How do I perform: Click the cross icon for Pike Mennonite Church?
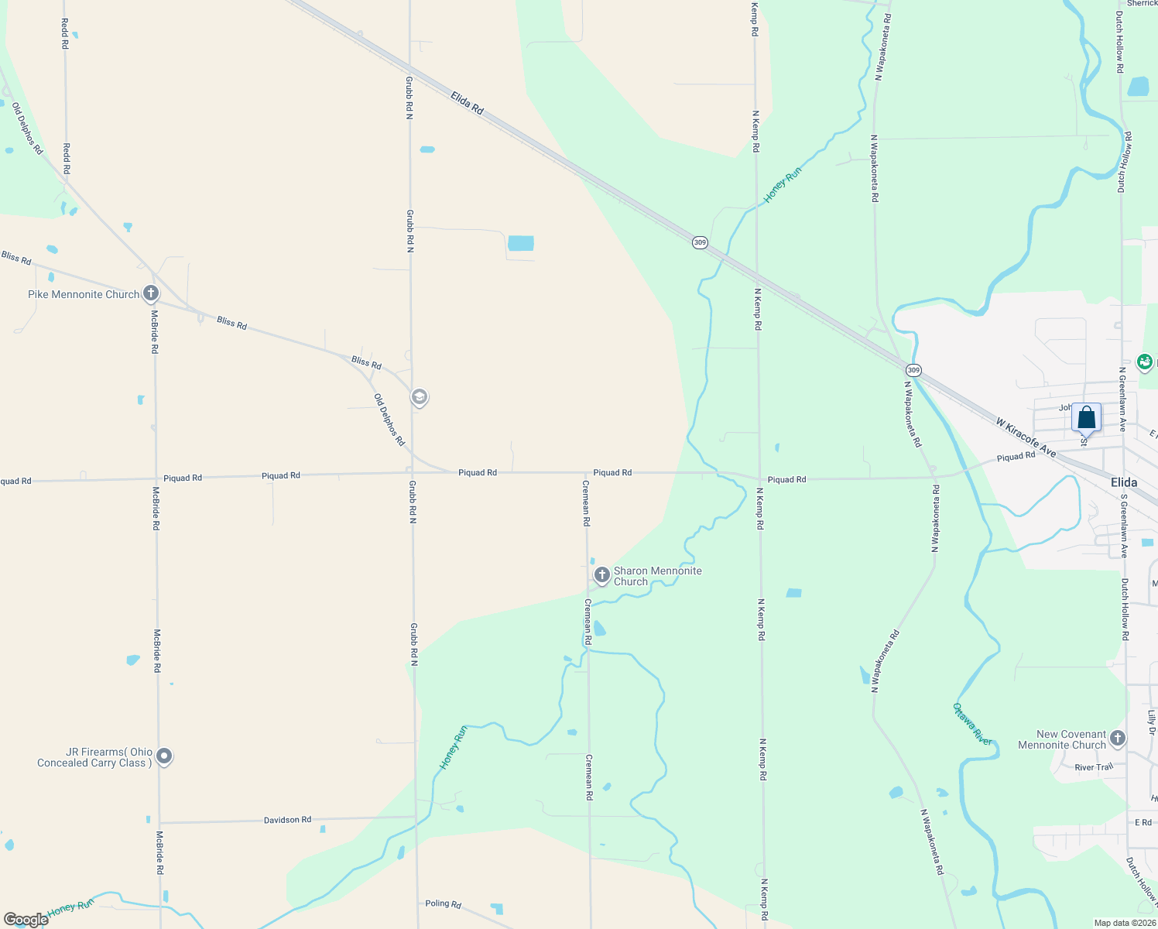click(x=151, y=293)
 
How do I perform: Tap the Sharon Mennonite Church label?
click(x=657, y=576)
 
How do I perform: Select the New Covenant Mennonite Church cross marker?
click(x=1117, y=739)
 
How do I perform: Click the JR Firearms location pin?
click(x=164, y=756)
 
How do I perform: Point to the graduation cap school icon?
click(x=420, y=398)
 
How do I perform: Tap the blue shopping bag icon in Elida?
click(x=1086, y=418)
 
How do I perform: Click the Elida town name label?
click(x=1124, y=482)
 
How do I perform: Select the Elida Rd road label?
click(x=467, y=103)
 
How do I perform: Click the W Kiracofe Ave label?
click(x=1026, y=437)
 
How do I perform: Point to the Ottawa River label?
click(x=972, y=725)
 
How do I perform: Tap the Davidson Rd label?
click(x=287, y=820)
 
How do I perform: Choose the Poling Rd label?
click(x=443, y=903)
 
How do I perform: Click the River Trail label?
click(x=1094, y=767)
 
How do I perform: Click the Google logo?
click(x=26, y=920)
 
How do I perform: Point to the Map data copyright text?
click(x=1125, y=923)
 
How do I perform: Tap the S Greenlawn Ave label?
click(x=1124, y=527)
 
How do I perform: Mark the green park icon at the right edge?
click(x=1145, y=362)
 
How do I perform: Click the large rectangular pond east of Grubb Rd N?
click(x=520, y=243)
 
